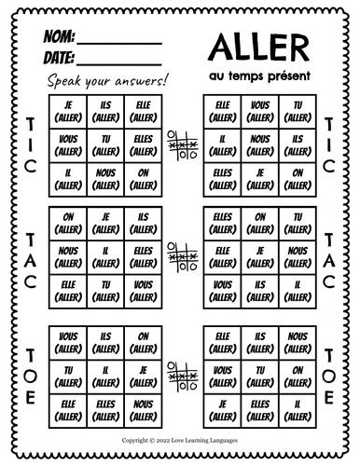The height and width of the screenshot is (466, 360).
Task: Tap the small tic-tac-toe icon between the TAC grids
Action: [180, 251]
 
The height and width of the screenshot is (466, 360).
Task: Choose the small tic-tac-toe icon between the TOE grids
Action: [180, 374]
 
